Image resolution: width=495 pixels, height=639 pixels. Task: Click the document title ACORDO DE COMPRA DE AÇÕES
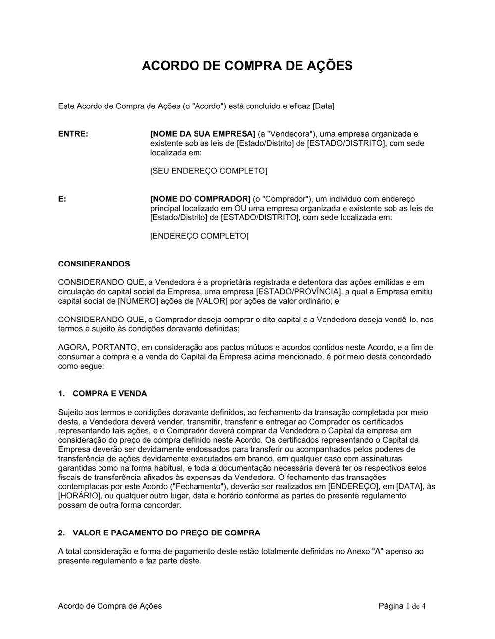click(x=247, y=66)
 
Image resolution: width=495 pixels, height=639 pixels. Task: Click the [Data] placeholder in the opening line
click(x=324, y=106)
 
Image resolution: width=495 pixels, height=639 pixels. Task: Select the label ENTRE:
click(x=73, y=134)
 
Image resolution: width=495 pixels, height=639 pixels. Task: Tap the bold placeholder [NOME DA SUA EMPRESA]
click(x=202, y=134)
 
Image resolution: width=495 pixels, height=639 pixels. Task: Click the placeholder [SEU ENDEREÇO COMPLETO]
click(x=208, y=171)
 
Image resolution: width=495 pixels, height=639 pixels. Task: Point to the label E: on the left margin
click(x=62, y=199)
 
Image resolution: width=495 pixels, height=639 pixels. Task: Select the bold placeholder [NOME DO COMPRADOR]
click(x=200, y=199)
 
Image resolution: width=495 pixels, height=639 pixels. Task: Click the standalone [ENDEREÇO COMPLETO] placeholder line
click(x=199, y=236)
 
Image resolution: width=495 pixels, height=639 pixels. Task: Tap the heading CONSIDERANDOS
click(x=94, y=264)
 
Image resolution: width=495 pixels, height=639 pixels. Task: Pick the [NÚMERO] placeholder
click(x=138, y=301)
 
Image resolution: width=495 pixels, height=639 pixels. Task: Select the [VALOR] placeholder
click(x=212, y=301)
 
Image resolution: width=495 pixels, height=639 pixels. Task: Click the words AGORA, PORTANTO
click(x=90, y=347)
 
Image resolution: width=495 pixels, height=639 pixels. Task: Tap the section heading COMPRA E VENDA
click(x=109, y=394)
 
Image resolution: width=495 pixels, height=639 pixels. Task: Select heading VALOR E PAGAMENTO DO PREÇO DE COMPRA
click(x=166, y=533)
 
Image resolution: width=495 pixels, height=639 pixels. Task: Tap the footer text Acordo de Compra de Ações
click(x=110, y=606)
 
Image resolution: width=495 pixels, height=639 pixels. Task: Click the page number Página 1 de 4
click(x=402, y=606)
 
